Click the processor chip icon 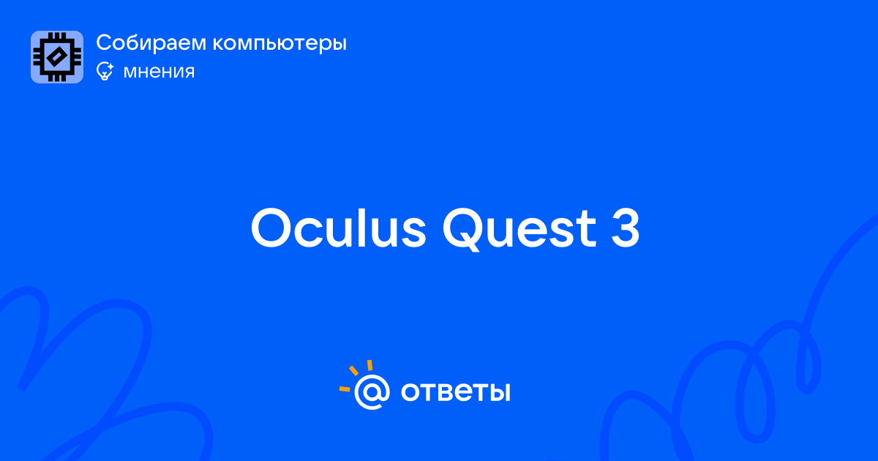coord(57,57)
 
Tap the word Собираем coord(151,42)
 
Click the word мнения coord(159,72)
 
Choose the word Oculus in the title coord(338,228)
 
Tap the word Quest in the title coord(519,229)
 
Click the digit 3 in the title coord(625,228)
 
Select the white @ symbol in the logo coord(372,392)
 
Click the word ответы coord(455,392)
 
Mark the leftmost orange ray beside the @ coord(345,389)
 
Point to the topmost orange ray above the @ coord(369,365)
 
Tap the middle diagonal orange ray coord(353,370)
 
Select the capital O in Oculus coord(271,228)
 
